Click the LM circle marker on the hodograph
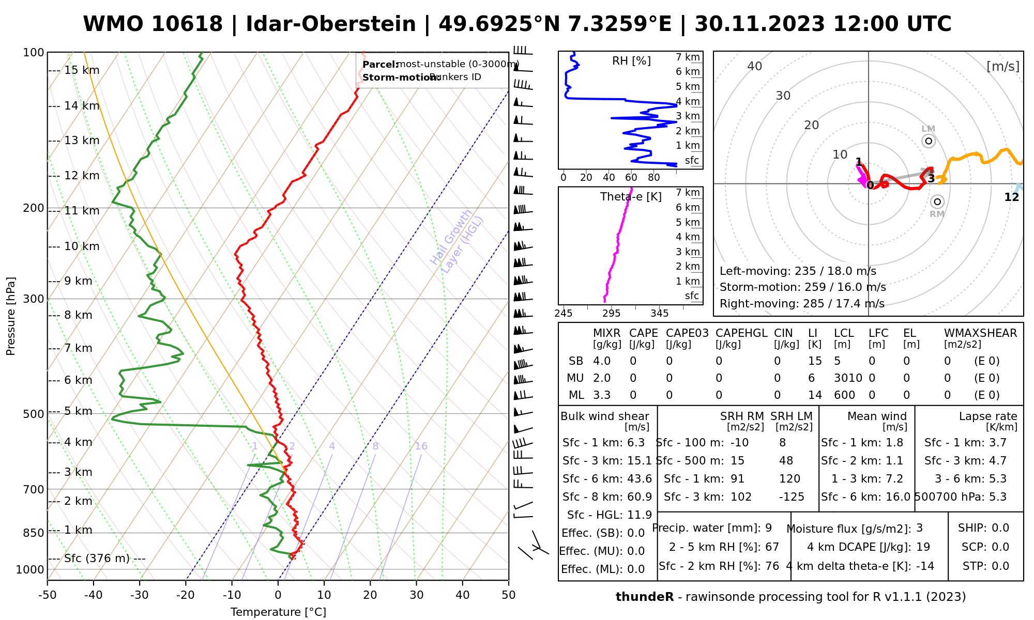pos(929,141)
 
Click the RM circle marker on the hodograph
pos(937,202)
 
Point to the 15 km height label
pos(82,70)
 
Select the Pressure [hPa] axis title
pos(11,316)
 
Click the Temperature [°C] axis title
pos(278,612)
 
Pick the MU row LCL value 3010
pos(848,378)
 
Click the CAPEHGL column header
pos(741,333)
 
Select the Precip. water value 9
pos(768,528)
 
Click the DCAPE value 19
pos(923,547)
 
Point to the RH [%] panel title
pos(631,61)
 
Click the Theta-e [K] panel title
pos(631,197)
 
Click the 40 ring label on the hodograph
pos(755,66)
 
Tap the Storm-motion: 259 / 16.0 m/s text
pos(802,287)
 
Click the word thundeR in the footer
pos(645,597)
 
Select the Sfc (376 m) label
pos(97,559)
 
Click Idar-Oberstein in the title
pos(331,24)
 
